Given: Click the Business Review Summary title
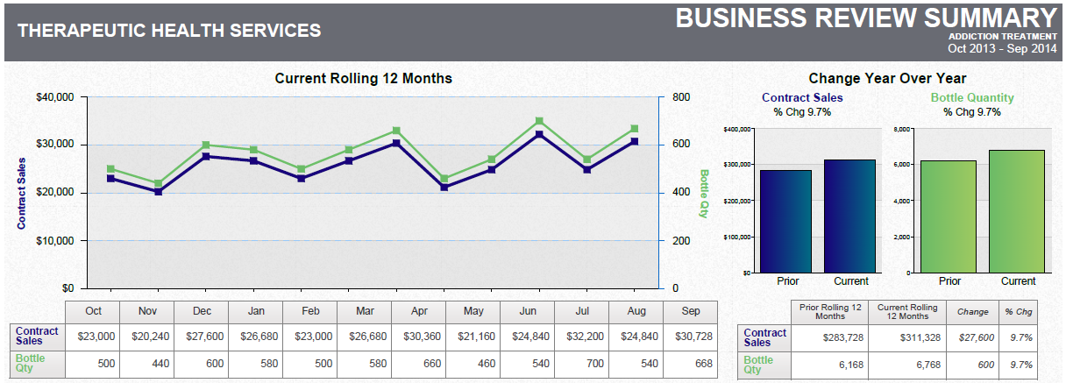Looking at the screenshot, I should click(x=866, y=18).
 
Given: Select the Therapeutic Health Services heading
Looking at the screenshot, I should click(x=169, y=31).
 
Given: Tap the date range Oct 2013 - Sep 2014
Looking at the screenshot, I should click(x=1002, y=49).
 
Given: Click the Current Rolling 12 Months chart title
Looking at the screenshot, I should click(x=363, y=78).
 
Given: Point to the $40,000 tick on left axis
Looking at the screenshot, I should click(x=54, y=97).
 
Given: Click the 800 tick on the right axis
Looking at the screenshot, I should click(x=682, y=97).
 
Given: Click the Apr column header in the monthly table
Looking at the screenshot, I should click(x=420, y=311).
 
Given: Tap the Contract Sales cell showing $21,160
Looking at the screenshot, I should click(x=474, y=336).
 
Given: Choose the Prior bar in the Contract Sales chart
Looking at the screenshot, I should click(x=786, y=221).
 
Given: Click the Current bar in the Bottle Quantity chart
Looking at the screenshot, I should click(x=1017, y=211).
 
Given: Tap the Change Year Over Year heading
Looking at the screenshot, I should click(x=887, y=78).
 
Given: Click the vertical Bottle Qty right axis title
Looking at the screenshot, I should click(x=704, y=193).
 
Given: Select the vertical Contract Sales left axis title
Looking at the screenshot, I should click(x=22, y=193).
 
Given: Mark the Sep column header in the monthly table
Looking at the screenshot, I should click(x=691, y=311).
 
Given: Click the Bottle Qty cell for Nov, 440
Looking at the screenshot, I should click(x=147, y=363).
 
